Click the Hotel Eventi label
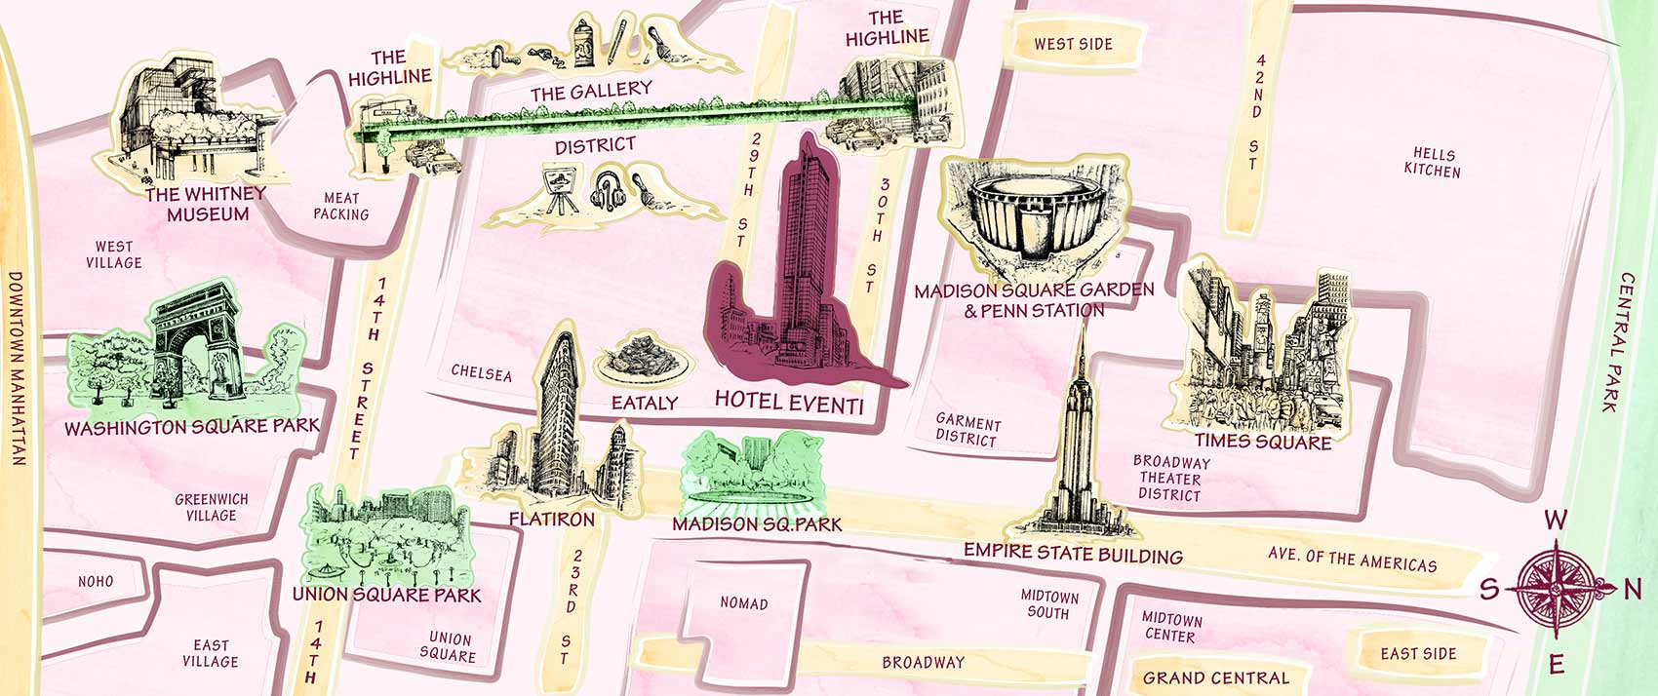(788, 401)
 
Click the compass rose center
(1556, 589)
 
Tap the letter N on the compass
(1633, 589)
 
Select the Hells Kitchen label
(1432, 163)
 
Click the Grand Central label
(1215, 677)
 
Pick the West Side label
(1073, 44)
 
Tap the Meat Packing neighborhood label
(341, 206)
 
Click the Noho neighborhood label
(96, 581)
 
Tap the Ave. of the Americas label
(1352, 560)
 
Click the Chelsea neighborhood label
(481, 373)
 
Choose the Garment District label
(967, 430)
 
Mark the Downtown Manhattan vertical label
(17, 367)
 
